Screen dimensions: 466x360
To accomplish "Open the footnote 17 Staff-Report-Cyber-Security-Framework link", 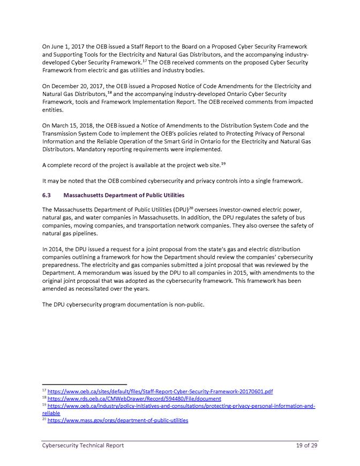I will click(x=161, y=392).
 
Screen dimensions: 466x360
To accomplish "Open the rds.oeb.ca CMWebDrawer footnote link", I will click(x=134, y=399).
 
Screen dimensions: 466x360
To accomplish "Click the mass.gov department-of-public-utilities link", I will click(x=118, y=421).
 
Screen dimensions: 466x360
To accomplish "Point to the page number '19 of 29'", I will click(x=307, y=445).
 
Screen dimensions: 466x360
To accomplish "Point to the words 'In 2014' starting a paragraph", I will click(x=54, y=250).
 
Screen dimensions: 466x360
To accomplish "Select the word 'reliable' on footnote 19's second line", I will click(x=52, y=414).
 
